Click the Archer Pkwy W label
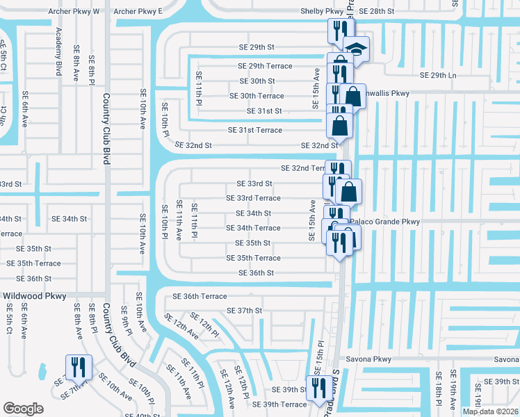(74, 12)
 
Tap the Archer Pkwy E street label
(138, 12)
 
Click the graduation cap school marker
(357, 49)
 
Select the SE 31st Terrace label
(255, 130)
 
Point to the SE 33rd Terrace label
(253, 198)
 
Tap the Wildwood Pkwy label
(35, 296)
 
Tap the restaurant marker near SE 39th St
(320, 387)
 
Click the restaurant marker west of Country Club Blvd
(77, 366)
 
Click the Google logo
(23, 408)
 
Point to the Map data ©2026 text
(490, 411)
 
